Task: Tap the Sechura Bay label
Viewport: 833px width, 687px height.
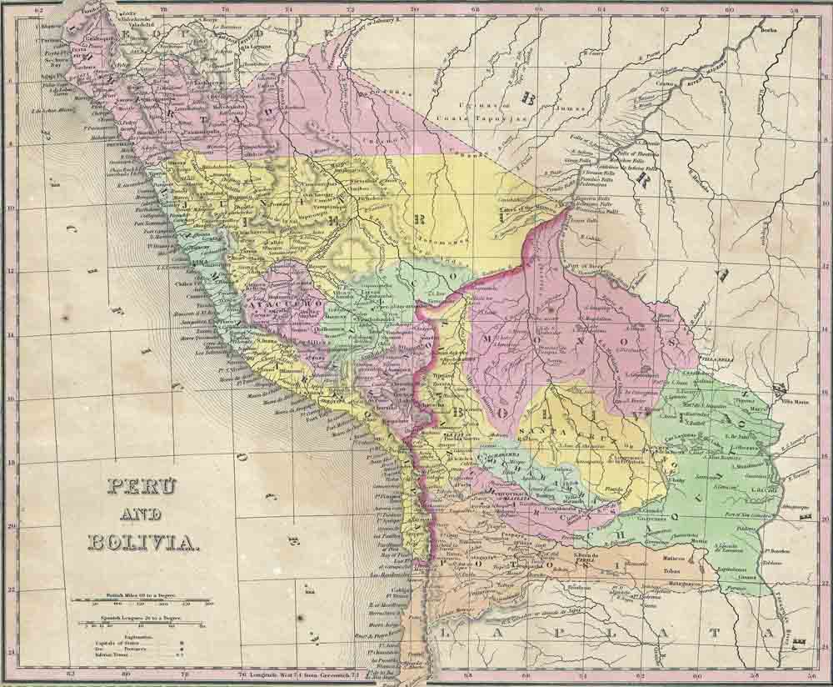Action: tap(56, 63)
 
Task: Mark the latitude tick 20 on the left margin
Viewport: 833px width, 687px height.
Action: tap(11, 525)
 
